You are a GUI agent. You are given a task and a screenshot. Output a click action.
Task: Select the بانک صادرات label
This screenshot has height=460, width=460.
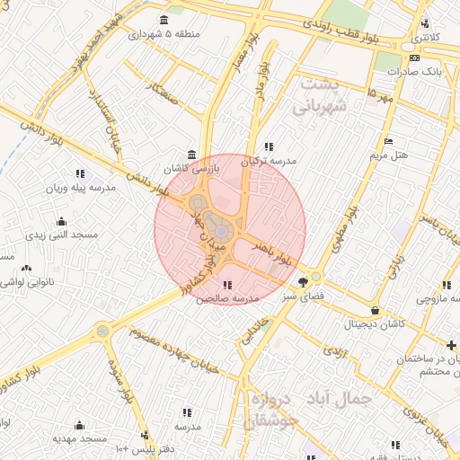coord(419,70)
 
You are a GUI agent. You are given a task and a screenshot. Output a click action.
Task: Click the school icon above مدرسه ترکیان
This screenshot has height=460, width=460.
coord(268,146)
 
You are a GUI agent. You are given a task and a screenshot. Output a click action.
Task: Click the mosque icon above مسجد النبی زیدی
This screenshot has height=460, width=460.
coord(61,221)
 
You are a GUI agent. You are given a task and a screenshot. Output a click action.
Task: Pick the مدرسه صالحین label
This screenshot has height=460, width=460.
coord(227,296)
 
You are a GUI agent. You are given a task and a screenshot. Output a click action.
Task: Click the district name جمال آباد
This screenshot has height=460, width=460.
coord(345,396)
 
